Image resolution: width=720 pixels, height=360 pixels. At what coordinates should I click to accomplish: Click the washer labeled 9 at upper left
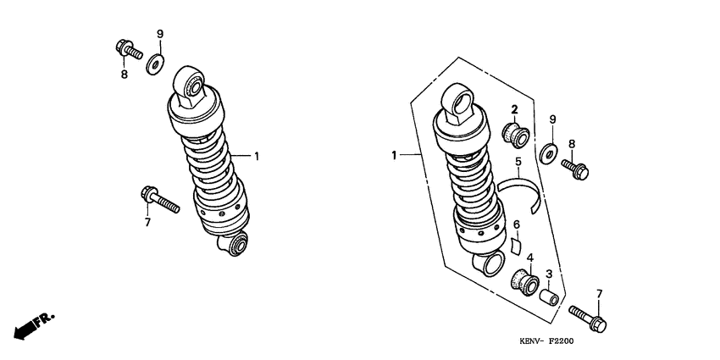tap(155, 64)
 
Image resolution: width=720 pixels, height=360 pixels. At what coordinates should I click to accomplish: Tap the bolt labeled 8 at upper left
tap(129, 50)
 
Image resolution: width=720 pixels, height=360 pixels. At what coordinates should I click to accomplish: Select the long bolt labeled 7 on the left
tap(160, 199)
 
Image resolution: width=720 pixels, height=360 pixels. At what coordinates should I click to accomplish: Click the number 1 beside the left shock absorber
tap(257, 156)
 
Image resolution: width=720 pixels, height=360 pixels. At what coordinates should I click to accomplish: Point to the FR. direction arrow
tap(34, 325)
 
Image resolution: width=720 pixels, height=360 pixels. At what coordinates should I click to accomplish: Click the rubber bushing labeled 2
tap(515, 135)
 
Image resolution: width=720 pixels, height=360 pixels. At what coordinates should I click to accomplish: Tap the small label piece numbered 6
tap(516, 246)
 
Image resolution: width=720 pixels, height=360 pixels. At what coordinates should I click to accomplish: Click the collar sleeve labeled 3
tap(549, 296)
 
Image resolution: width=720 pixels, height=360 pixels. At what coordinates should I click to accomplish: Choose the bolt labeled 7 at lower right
tap(588, 318)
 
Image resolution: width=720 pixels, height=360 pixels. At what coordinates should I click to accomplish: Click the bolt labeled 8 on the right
tap(575, 169)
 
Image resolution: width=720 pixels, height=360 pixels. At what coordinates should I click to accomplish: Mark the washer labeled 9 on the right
tap(549, 153)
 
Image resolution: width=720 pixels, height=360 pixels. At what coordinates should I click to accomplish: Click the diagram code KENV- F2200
tap(546, 341)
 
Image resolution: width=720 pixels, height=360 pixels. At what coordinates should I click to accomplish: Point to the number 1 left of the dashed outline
tap(394, 156)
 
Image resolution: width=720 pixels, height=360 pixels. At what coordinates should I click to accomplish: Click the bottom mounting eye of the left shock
tap(233, 244)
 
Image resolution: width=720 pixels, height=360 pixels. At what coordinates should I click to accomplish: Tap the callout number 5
tap(518, 162)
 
